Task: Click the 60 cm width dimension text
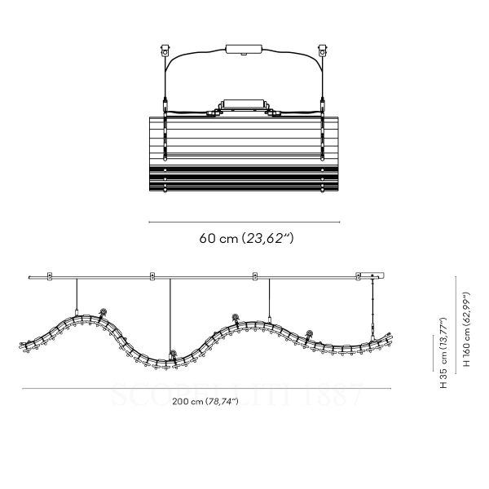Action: (x=244, y=239)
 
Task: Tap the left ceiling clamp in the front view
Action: (x=165, y=51)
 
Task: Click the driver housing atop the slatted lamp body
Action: (x=244, y=106)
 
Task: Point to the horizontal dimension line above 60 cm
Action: (x=244, y=220)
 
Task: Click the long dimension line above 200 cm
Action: (x=204, y=389)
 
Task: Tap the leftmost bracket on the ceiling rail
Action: (x=49, y=277)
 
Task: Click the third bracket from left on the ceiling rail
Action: (x=255, y=277)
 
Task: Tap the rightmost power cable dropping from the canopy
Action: (x=374, y=310)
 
